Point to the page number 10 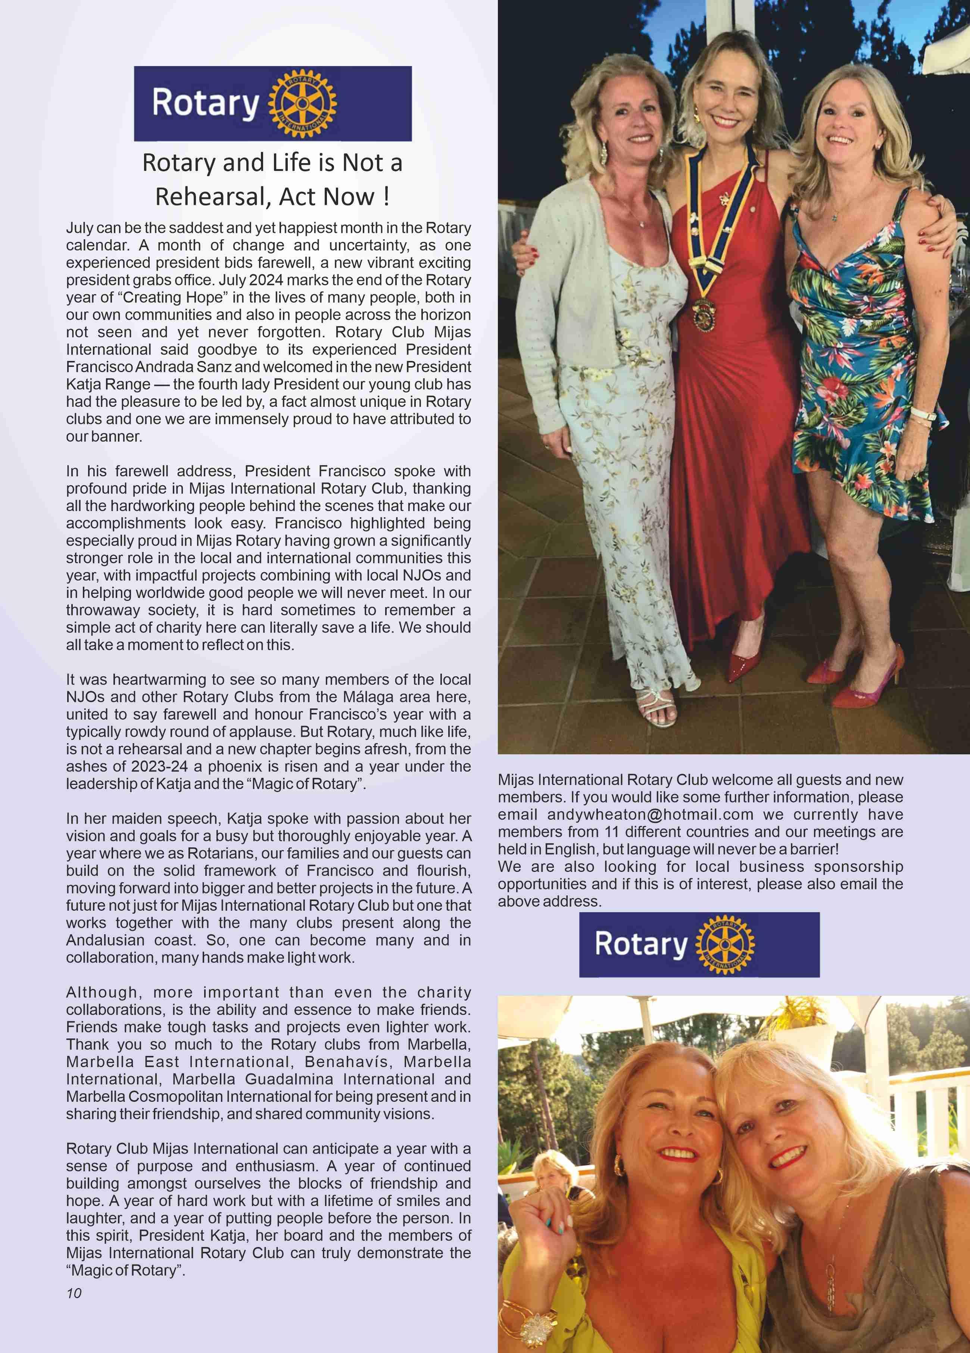tap(74, 1293)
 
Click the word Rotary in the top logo tap(205, 103)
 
